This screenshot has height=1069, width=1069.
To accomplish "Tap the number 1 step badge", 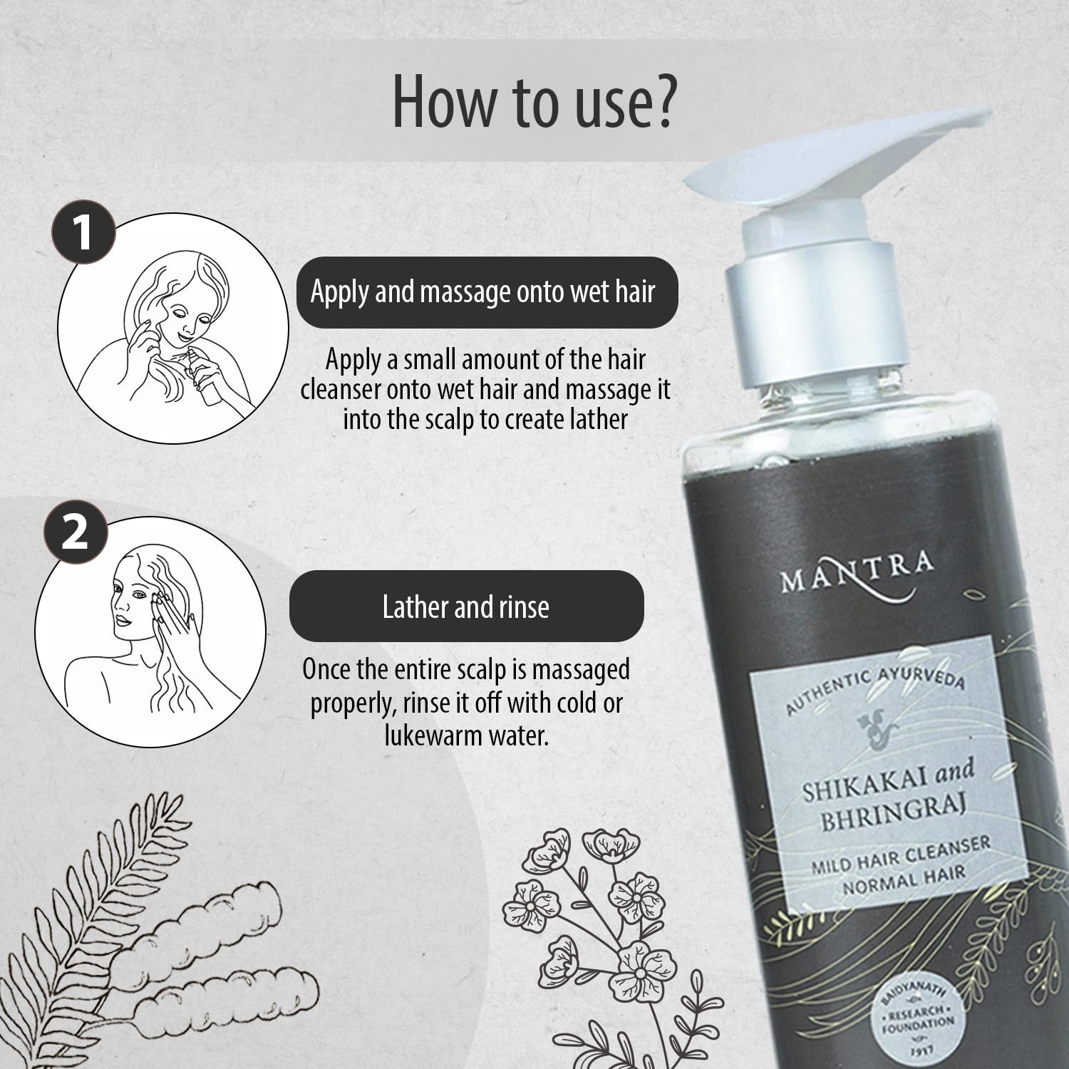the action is coord(83,232).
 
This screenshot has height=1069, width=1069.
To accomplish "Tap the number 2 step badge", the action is coord(75,534).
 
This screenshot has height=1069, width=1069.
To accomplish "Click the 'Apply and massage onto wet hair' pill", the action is coord(487,292).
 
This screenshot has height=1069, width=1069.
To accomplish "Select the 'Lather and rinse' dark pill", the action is coord(466,606).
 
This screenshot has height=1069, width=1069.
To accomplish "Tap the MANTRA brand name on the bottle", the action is coord(857,574).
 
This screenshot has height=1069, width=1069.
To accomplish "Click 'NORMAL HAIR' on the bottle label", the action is coord(904,881).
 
